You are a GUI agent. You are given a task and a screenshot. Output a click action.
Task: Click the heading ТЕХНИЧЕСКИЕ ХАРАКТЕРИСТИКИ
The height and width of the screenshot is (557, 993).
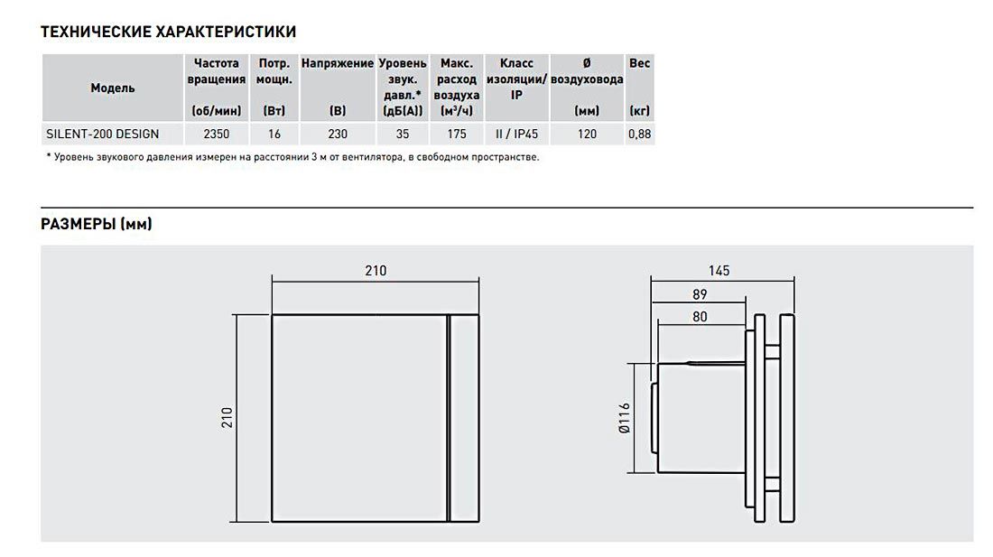pyautogui.click(x=169, y=32)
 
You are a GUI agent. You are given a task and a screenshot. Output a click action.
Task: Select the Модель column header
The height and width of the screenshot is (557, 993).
pyautogui.click(x=113, y=88)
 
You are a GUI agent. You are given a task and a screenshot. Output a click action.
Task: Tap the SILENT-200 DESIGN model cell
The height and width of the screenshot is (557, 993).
pyautogui.click(x=103, y=135)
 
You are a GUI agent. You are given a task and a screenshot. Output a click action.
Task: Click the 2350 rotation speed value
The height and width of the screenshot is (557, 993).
pyautogui.click(x=216, y=135)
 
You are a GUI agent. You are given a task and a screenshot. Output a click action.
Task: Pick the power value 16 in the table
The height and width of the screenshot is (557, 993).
pyautogui.click(x=274, y=135)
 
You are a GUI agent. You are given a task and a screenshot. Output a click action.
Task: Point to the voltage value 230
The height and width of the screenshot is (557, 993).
pyautogui.click(x=338, y=135)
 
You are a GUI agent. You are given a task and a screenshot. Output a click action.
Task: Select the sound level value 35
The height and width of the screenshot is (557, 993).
pyautogui.click(x=402, y=135)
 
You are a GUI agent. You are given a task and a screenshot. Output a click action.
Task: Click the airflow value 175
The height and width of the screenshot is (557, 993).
pyautogui.click(x=457, y=135)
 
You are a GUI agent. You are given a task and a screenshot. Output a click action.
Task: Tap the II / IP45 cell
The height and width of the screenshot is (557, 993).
pyautogui.click(x=516, y=135)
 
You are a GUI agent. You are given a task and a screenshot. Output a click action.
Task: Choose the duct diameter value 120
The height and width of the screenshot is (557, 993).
pyautogui.click(x=587, y=135)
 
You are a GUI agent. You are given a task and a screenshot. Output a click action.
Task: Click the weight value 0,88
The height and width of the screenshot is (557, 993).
pyautogui.click(x=640, y=135)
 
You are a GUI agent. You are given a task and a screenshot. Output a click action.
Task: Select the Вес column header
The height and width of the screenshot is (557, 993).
pyautogui.click(x=640, y=63)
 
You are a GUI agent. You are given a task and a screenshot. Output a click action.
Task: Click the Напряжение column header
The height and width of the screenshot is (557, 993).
pyautogui.click(x=338, y=63)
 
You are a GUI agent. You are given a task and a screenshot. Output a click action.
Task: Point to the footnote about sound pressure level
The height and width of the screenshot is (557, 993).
pyautogui.click(x=292, y=157)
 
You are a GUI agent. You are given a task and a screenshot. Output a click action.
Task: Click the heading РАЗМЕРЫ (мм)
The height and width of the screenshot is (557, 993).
pyautogui.click(x=97, y=224)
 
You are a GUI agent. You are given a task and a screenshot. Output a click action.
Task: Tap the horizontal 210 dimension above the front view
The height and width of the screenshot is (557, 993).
pyautogui.click(x=376, y=271)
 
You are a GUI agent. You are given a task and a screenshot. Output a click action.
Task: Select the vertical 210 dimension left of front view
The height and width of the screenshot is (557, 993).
pyautogui.click(x=227, y=418)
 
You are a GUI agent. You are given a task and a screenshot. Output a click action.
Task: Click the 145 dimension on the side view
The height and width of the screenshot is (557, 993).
pyautogui.click(x=719, y=271)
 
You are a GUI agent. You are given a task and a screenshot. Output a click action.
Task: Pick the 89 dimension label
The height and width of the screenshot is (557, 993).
pyautogui.click(x=700, y=294)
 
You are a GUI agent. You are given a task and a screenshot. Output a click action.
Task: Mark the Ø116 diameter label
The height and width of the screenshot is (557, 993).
pyautogui.click(x=625, y=418)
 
